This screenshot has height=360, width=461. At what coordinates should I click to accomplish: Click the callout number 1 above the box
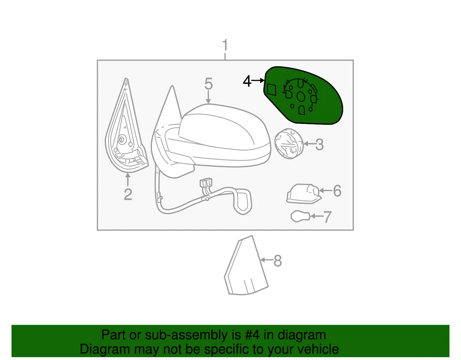click(225, 45)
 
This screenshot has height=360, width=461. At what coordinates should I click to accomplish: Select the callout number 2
click(128, 194)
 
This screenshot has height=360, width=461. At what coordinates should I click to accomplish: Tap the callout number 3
click(319, 145)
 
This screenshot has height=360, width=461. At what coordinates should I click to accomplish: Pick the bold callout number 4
click(247, 81)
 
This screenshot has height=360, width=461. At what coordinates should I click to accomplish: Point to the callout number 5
click(208, 84)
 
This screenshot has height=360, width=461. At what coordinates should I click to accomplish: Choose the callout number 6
click(337, 191)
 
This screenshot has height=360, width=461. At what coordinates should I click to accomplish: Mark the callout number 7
click(328, 217)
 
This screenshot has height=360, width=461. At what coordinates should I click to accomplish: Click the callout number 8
click(278, 261)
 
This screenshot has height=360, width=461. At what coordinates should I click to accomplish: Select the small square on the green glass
click(272, 89)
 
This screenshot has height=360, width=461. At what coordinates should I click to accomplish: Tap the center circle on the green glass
click(301, 97)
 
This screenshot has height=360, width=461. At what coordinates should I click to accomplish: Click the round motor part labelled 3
click(289, 144)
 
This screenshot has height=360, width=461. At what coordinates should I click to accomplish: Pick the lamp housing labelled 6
click(303, 194)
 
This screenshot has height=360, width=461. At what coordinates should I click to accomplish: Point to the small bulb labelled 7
click(300, 217)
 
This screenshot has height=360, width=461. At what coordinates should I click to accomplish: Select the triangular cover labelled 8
click(246, 266)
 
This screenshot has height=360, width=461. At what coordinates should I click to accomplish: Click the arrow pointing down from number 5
click(208, 97)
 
